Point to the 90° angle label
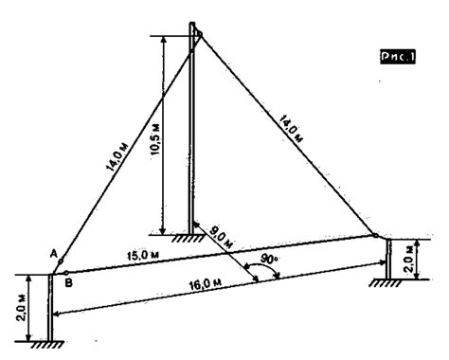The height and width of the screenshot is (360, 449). pyautogui.click(x=270, y=255)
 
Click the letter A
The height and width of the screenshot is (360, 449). pyautogui.click(x=53, y=252)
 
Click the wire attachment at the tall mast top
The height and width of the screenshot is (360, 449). pyautogui.click(x=198, y=36)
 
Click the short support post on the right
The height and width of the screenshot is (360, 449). pyautogui.click(x=388, y=258)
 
